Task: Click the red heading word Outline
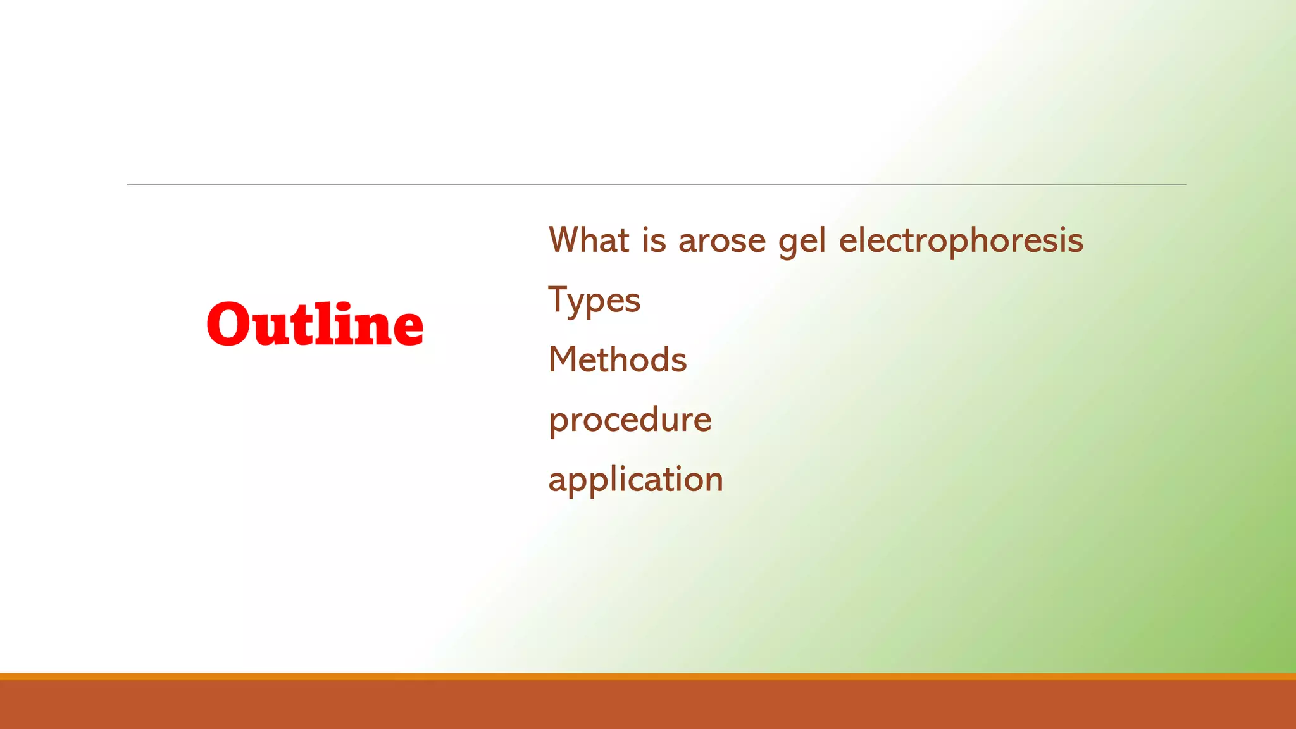point(315,325)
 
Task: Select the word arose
point(722,242)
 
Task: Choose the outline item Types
point(594,301)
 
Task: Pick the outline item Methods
point(617,359)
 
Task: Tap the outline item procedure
point(630,420)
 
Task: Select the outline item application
point(635,480)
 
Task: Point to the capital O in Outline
point(231,325)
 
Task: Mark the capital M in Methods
point(563,359)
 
